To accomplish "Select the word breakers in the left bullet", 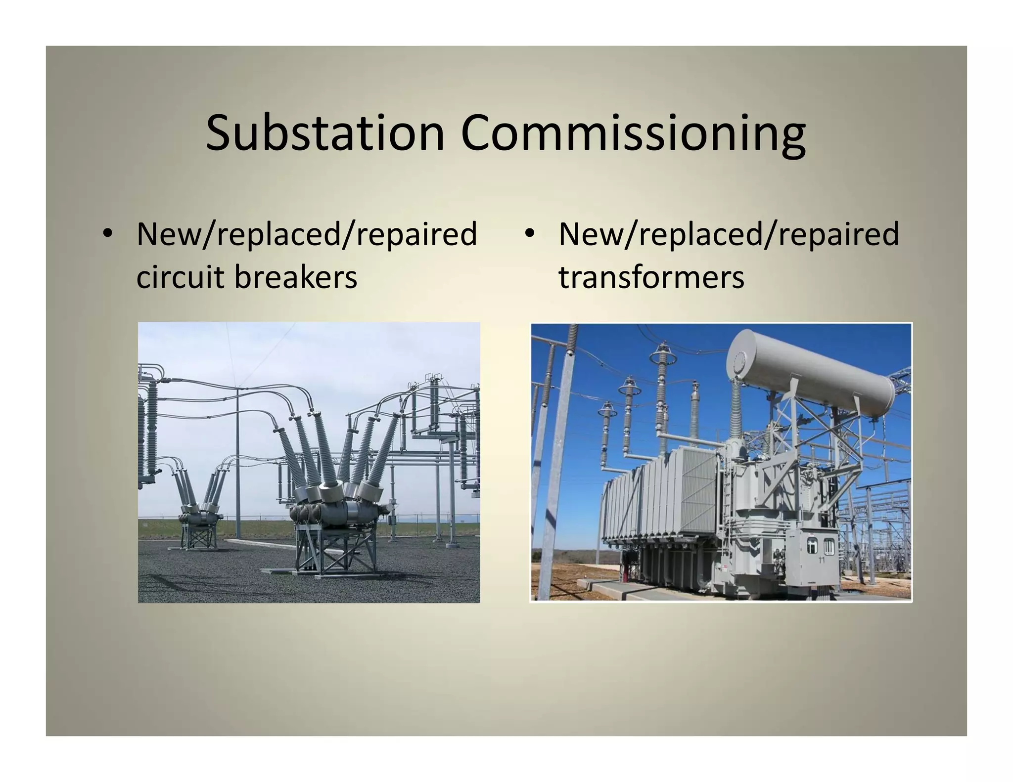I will coord(295,277).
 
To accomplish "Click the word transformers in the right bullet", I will coord(651,277).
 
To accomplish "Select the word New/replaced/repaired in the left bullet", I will coord(307,234).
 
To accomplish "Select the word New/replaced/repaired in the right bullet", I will coord(728,234).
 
